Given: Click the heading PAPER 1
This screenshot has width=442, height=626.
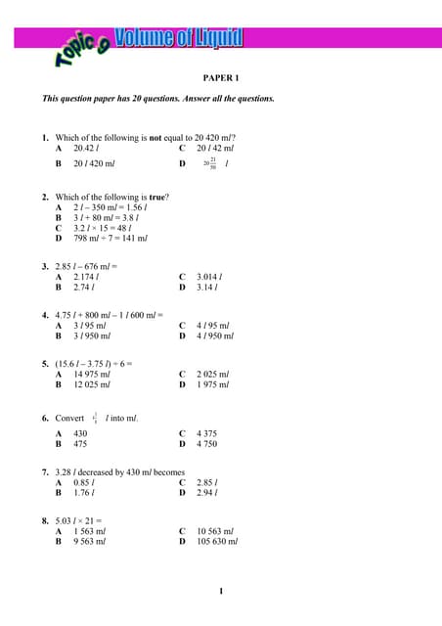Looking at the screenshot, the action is [221, 75].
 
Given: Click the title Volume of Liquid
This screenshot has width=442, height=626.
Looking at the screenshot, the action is [179, 39].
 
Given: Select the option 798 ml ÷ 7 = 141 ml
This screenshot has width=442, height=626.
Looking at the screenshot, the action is [110, 238].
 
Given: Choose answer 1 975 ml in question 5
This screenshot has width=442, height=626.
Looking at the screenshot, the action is [212, 384].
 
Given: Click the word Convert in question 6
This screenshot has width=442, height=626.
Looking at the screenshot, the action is [69, 418].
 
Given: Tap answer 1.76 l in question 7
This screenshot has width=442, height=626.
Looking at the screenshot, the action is [84, 492].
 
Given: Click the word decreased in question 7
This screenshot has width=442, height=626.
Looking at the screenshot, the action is [105, 471].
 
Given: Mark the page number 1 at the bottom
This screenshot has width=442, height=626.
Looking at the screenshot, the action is [221, 591].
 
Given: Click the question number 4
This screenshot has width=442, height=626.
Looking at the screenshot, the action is [45, 315].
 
